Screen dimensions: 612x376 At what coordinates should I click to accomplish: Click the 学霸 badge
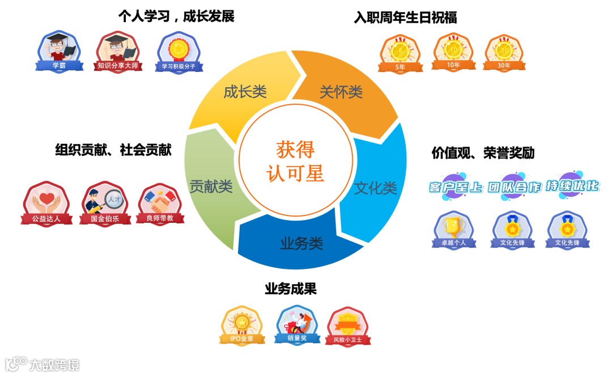coord(59,52)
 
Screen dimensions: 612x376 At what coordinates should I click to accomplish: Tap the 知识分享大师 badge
coord(118,52)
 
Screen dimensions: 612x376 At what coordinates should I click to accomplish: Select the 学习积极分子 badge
coord(179,52)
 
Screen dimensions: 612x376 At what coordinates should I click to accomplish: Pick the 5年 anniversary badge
coord(400,53)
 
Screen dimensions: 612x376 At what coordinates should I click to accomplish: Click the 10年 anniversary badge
coord(453,52)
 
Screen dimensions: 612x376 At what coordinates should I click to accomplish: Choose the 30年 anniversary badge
coord(503,53)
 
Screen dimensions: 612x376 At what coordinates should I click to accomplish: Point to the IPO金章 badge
coord(241,326)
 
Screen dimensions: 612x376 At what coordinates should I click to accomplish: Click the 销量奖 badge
coord(297,325)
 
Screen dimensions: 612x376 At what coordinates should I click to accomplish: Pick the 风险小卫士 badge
coord(348,327)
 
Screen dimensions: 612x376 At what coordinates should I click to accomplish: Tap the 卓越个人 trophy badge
coord(453,230)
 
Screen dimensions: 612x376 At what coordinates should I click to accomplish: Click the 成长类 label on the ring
coord(245,92)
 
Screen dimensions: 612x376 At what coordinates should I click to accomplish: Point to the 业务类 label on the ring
coord(301,244)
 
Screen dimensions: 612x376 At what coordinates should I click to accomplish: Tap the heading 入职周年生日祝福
coord(405,18)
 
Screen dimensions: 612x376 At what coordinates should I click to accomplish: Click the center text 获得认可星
coord(295,160)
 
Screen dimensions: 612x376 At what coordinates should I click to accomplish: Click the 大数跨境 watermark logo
coord(42,364)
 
